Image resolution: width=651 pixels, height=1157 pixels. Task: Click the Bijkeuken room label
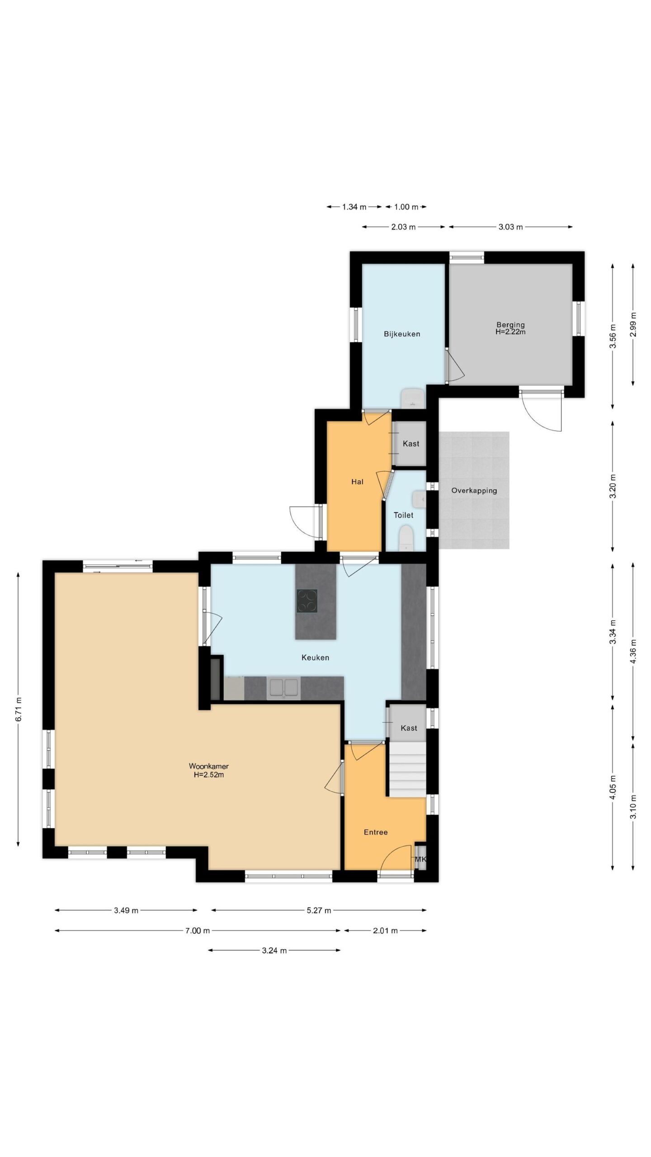click(402, 334)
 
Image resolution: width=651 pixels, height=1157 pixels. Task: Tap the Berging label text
click(510, 325)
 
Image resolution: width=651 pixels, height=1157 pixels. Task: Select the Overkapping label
click(474, 490)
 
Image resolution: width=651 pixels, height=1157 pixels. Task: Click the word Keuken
click(315, 658)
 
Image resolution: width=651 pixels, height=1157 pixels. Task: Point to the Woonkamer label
click(209, 766)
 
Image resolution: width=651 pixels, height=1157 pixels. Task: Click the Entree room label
click(376, 832)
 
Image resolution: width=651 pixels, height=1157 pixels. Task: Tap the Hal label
click(357, 482)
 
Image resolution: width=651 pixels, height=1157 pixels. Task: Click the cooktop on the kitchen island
click(307, 601)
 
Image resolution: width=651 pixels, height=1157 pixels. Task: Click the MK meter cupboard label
click(420, 859)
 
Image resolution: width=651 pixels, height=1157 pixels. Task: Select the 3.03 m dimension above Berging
click(510, 227)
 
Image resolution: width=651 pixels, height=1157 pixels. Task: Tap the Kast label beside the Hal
click(411, 444)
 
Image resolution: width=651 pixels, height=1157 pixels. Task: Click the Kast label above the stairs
click(409, 728)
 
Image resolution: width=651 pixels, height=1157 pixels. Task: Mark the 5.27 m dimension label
click(319, 910)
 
